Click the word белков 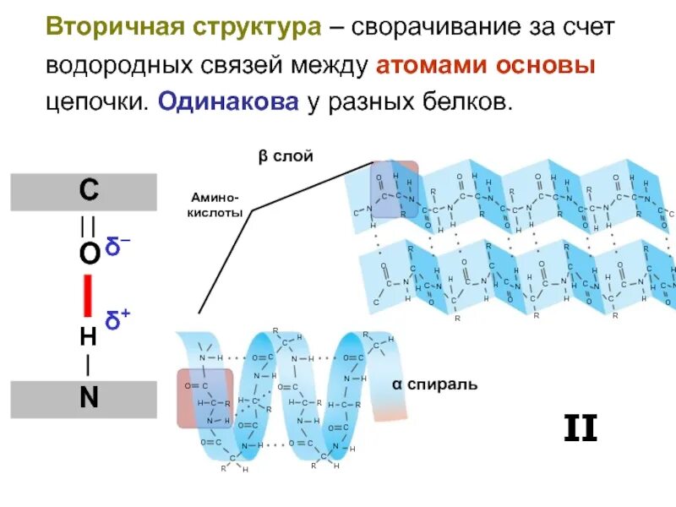pyautogui.click(x=472, y=102)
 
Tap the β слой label pyautogui.click(x=286, y=156)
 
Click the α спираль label pyautogui.click(x=434, y=384)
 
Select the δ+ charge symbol pyautogui.click(x=117, y=319)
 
